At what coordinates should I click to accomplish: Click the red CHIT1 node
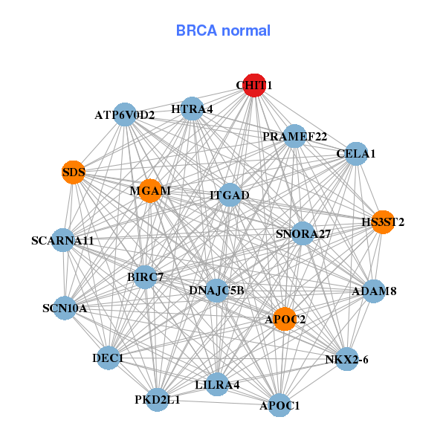coord(254,85)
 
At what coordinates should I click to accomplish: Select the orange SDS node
coord(73,172)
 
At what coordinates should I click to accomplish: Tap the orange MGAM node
coord(150,191)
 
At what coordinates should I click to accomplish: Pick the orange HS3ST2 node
coord(383,222)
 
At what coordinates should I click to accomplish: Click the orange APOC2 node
coord(285,320)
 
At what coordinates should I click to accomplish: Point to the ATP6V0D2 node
coord(125,114)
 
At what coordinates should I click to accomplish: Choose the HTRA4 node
coord(192,109)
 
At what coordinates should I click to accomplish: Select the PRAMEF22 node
coord(294,136)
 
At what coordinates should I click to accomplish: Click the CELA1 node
coord(356,154)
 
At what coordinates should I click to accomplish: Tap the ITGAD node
coord(229,195)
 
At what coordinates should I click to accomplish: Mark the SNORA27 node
coord(303,233)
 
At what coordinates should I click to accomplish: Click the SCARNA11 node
coord(63,241)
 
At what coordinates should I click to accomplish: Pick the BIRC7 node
coord(145,277)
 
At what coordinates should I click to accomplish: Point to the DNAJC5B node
coord(216,290)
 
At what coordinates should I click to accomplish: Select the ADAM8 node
coord(373,291)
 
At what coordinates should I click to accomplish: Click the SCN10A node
coord(65,308)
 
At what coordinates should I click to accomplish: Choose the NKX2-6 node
coord(346,359)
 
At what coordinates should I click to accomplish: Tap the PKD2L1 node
coord(157,400)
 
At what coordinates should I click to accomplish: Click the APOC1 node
coord(279,405)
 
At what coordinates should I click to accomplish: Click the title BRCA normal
coord(223,30)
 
